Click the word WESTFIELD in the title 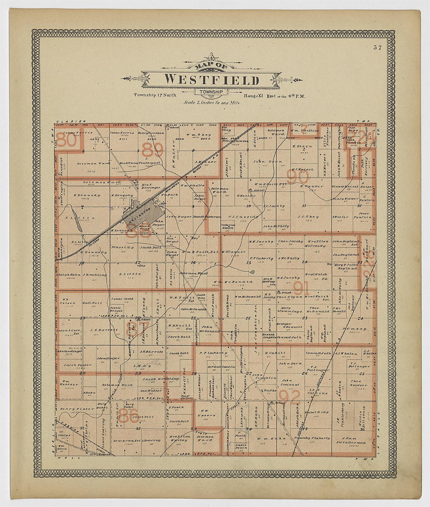pyautogui.click(x=211, y=79)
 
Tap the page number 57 pyautogui.click(x=377, y=48)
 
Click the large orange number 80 pyautogui.click(x=67, y=140)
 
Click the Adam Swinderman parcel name pyautogui.click(x=351, y=440)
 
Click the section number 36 pyautogui.click(x=363, y=430)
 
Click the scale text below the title pyautogui.click(x=212, y=103)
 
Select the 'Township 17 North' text pyautogui.click(x=155, y=95)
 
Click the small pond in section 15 pyautogui.click(x=253, y=271)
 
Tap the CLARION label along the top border pyautogui.click(x=71, y=122)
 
